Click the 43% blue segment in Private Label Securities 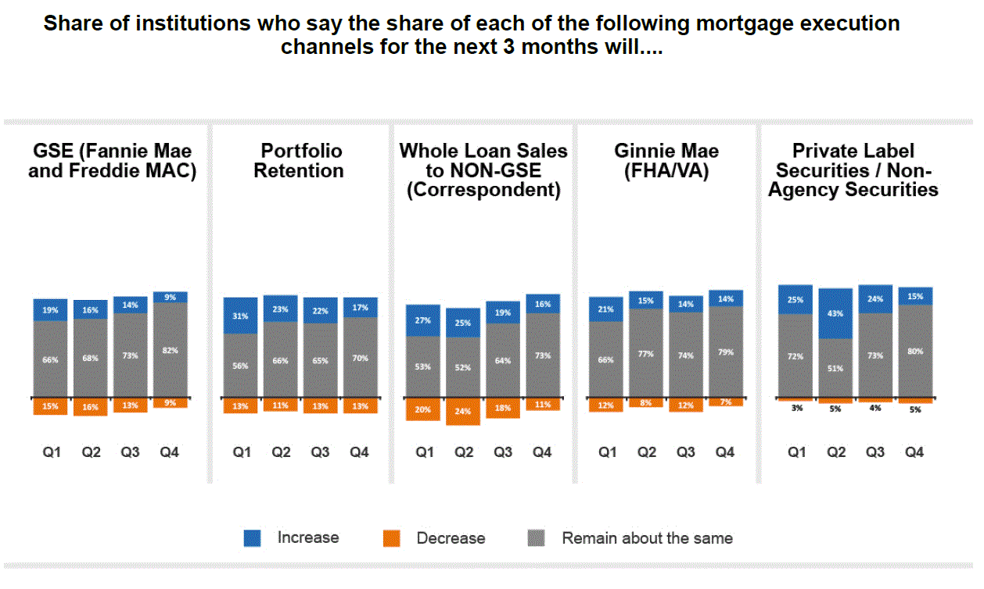[x=836, y=313]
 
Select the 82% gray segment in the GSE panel [x=170, y=350]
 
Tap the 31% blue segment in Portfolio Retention [x=240, y=316]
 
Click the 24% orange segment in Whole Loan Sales [x=463, y=411]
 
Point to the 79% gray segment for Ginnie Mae [x=725, y=352]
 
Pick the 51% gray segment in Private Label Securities [x=836, y=368]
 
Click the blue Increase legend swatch [x=253, y=538]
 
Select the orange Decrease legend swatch [x=391, y=538]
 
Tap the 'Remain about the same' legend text [x=647, y=538]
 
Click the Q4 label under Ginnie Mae [x=725, y=452]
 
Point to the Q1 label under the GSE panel [x=52, y=452]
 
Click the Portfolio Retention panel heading [x=299, y=161]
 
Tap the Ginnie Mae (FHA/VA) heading [x=666, y=161]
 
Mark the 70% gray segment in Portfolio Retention [x=359, y=358]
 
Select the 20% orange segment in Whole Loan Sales [x=423, y=409]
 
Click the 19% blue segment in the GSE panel [x=50, y=309]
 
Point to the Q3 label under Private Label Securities [x=875, y=452]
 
